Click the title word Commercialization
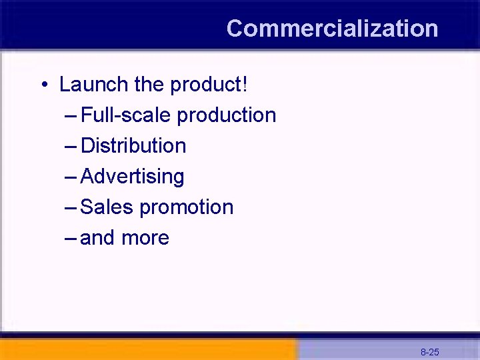point(332,29)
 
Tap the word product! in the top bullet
point(209,85)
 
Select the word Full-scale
point(126,115)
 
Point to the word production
point(227,115)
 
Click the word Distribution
point(133,146)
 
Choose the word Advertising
point(132,177)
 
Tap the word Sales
point(107,207)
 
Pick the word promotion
point(187,207)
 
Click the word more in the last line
point(145,238)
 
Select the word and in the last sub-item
point(97,238)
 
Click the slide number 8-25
point(429,352)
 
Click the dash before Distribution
point(72,146)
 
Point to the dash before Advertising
point(72,177)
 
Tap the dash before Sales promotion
point(72,207)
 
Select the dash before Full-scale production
point(72,115)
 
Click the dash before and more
point(72,238)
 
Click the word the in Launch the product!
point(149,85)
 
